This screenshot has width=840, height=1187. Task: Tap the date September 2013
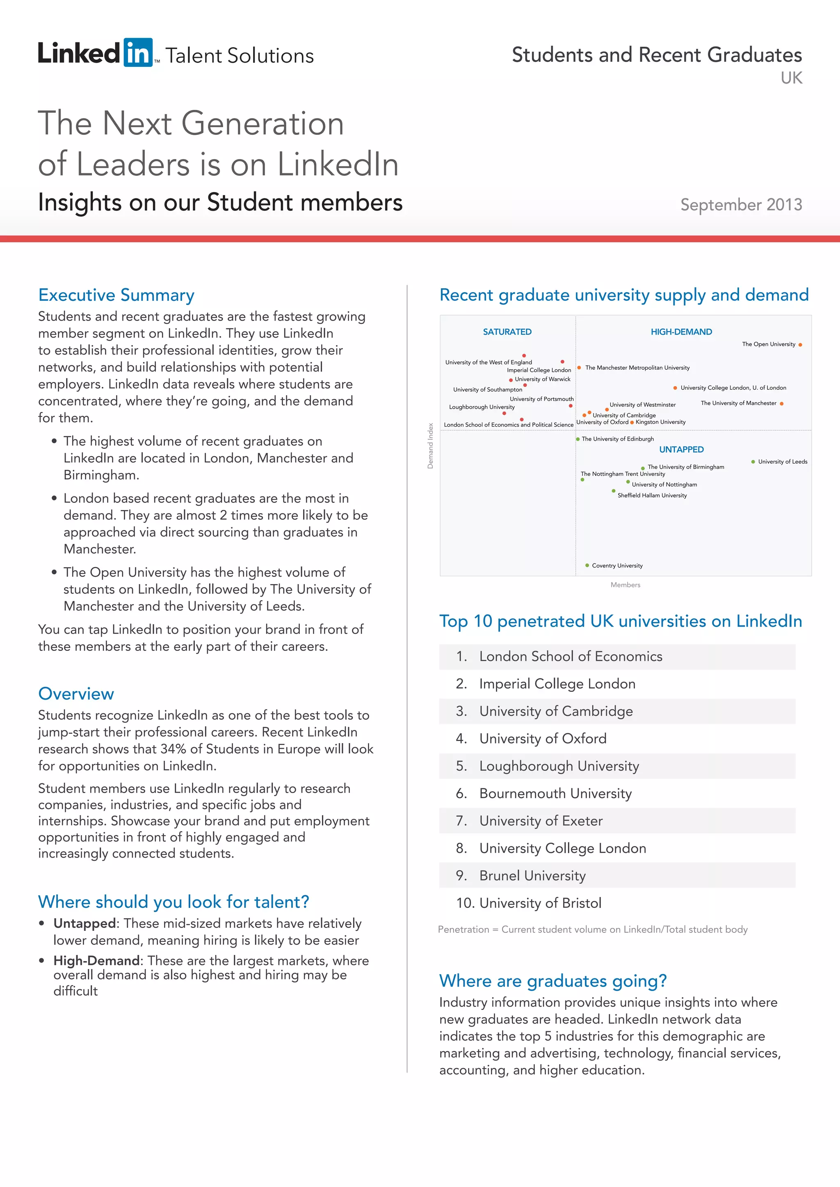[741, 205]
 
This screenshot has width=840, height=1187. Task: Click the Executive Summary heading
[116, 295]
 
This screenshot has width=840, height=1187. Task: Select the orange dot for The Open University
[800, 345]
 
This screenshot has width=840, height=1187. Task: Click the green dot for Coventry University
[587, 566]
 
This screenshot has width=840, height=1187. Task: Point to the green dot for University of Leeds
[753, 462]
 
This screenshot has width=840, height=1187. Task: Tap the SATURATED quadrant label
[507, 332]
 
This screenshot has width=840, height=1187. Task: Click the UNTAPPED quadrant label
[681, 450]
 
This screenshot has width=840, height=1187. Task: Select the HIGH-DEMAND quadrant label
[681, 332]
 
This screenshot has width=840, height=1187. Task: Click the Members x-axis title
[625, 585]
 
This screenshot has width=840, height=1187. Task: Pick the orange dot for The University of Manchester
[781, 404]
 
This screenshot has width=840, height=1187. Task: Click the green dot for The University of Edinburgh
[578, 439]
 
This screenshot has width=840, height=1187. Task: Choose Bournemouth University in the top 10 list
[555, 794]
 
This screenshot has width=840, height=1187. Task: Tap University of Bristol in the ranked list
[540, 903]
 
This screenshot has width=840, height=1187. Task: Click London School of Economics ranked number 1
[571, 657]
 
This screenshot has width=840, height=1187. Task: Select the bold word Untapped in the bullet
[84, 923]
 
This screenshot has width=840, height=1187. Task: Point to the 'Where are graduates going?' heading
[553, 981]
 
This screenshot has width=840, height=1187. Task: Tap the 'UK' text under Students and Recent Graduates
[791, 78]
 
